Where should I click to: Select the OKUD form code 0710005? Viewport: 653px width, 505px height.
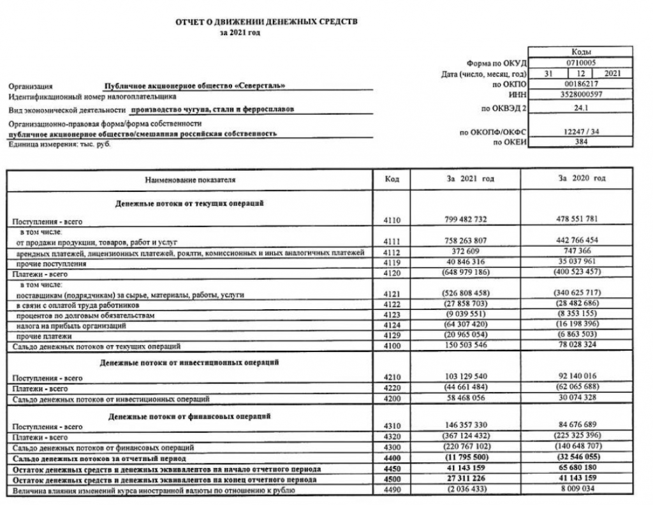point(580,63)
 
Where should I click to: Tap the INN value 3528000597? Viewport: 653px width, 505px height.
point(580,94)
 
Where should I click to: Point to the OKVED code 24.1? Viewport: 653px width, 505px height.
point(580,109)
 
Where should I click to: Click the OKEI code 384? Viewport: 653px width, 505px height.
point(580,142)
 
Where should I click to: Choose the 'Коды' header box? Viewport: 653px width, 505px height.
point(580,52)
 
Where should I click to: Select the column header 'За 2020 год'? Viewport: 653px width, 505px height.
point(580,179)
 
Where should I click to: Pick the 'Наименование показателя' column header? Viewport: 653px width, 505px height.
point(191,180)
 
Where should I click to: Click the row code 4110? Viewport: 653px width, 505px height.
point(392,221)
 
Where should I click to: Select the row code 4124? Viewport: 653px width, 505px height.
point(392,325)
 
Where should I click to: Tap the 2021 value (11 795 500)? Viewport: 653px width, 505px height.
point(466,458)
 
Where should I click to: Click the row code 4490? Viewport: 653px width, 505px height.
point(392,489)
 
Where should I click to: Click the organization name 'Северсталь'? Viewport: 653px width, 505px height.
point(195,85)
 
